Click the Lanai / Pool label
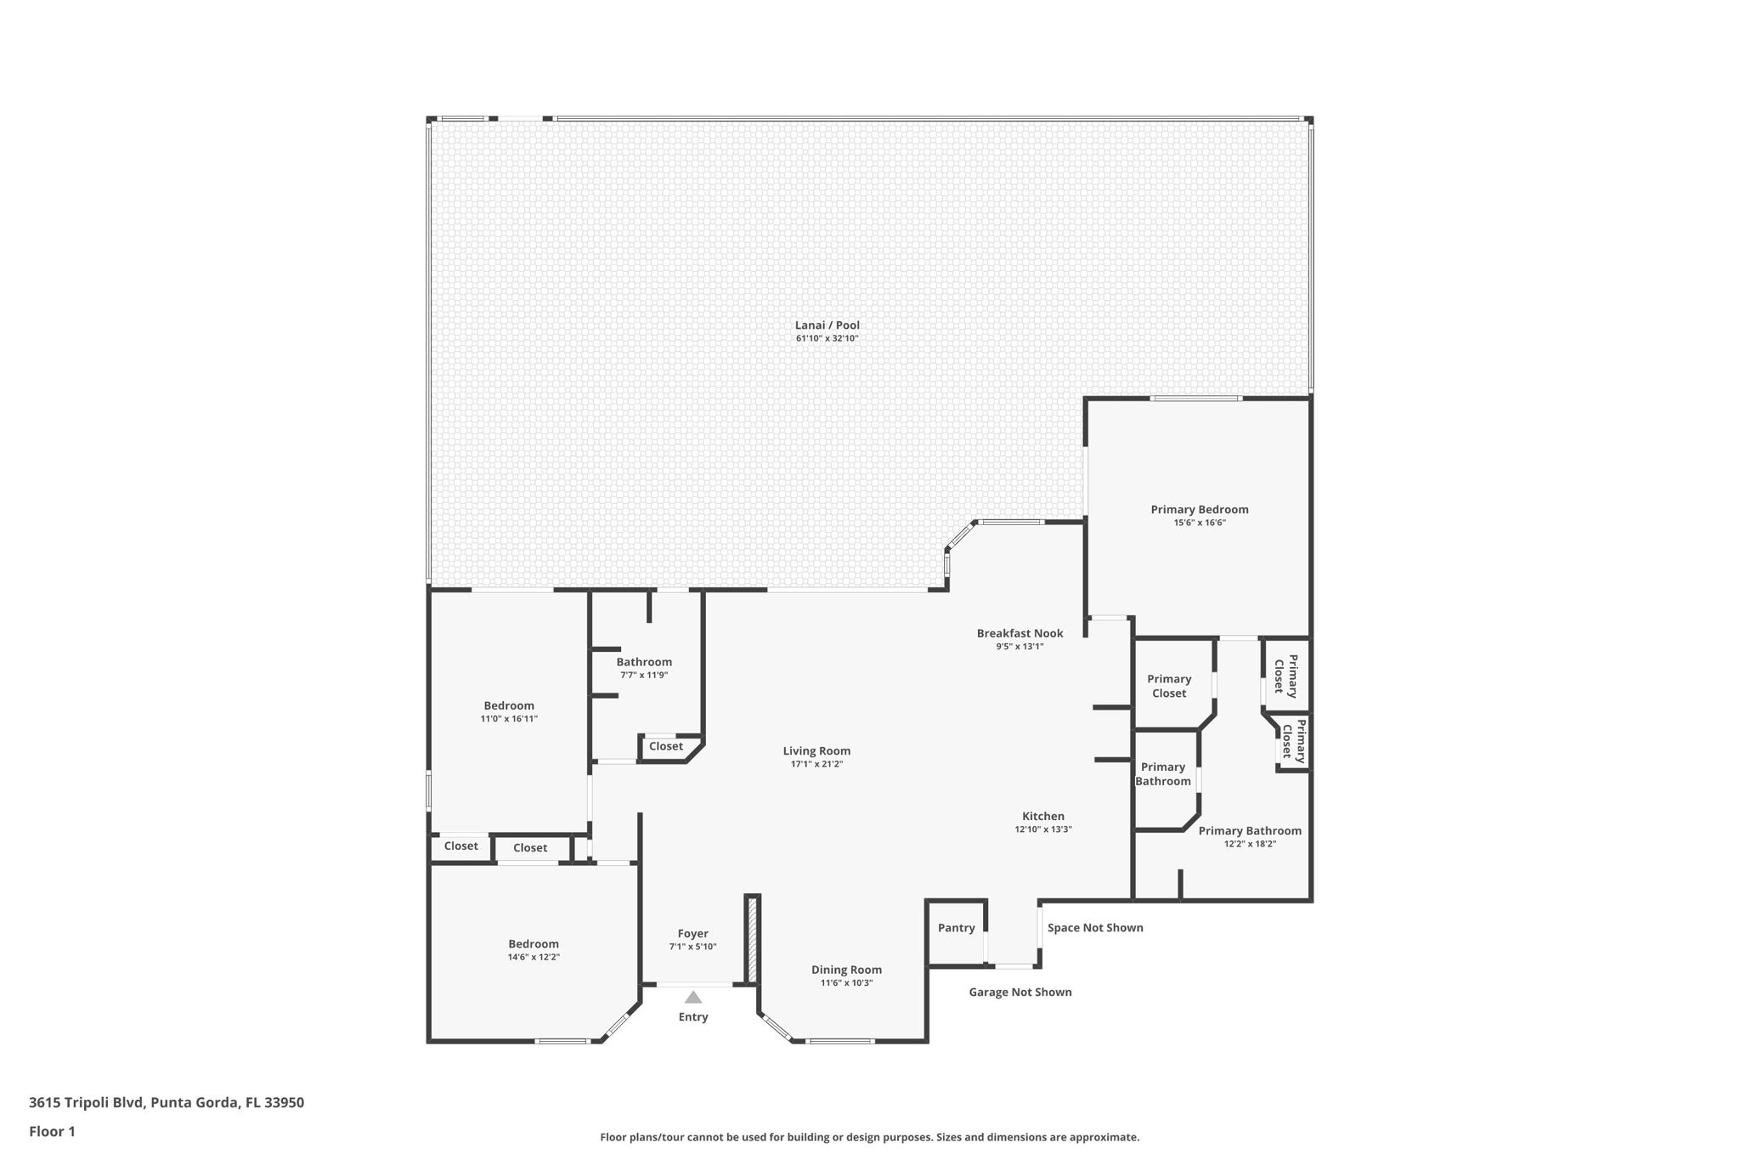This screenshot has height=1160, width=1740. pos(827,325)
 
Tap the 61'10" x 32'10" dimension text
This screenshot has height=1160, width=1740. pos(827,338)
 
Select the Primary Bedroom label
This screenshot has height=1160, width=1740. pos(1199,510)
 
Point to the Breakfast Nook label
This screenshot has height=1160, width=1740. pos(1020,633)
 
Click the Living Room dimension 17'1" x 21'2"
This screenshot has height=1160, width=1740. pos(816,764)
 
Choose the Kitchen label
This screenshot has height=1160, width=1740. pos(1042,816)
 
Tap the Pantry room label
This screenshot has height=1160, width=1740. pos(956,928)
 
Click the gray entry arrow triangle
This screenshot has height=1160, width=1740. pos(693,997)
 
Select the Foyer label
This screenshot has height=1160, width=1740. pos(692,933)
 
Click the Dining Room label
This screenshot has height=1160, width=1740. pos(846,970)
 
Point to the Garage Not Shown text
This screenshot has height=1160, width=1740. pos(1020,992)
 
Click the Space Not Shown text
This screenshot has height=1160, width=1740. pos(1094,928)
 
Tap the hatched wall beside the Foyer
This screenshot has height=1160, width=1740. pos(751,939)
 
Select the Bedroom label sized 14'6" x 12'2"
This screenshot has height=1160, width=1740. pos(534,943)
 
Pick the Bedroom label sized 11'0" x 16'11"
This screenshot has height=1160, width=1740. pos(509,705)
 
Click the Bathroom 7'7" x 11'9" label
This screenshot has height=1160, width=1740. pos(644,662)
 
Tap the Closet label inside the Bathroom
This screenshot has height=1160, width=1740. pos(665,746)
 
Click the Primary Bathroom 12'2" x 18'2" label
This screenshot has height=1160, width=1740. pos(1249,831)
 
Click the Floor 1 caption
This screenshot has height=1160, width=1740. pos(52,1131)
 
